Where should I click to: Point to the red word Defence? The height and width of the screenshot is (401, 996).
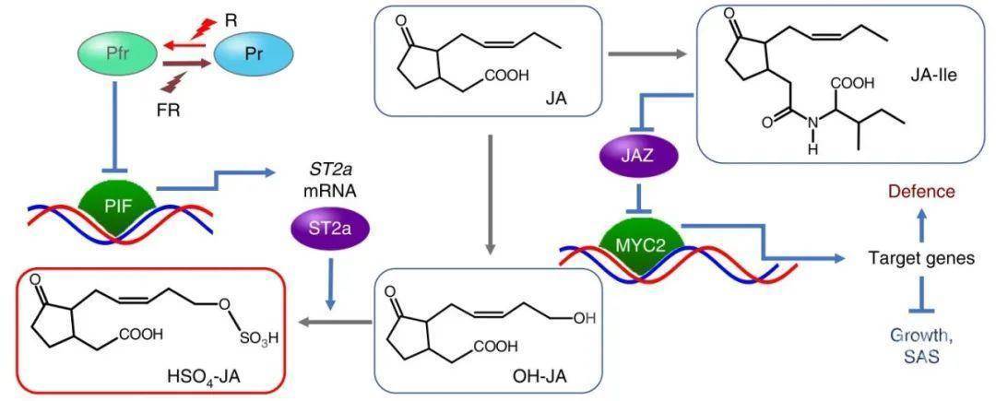(x=921, y=193)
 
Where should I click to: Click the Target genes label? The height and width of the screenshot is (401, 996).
(x=921, y=259)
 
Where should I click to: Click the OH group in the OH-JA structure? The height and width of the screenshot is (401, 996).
(x=585, y=318)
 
